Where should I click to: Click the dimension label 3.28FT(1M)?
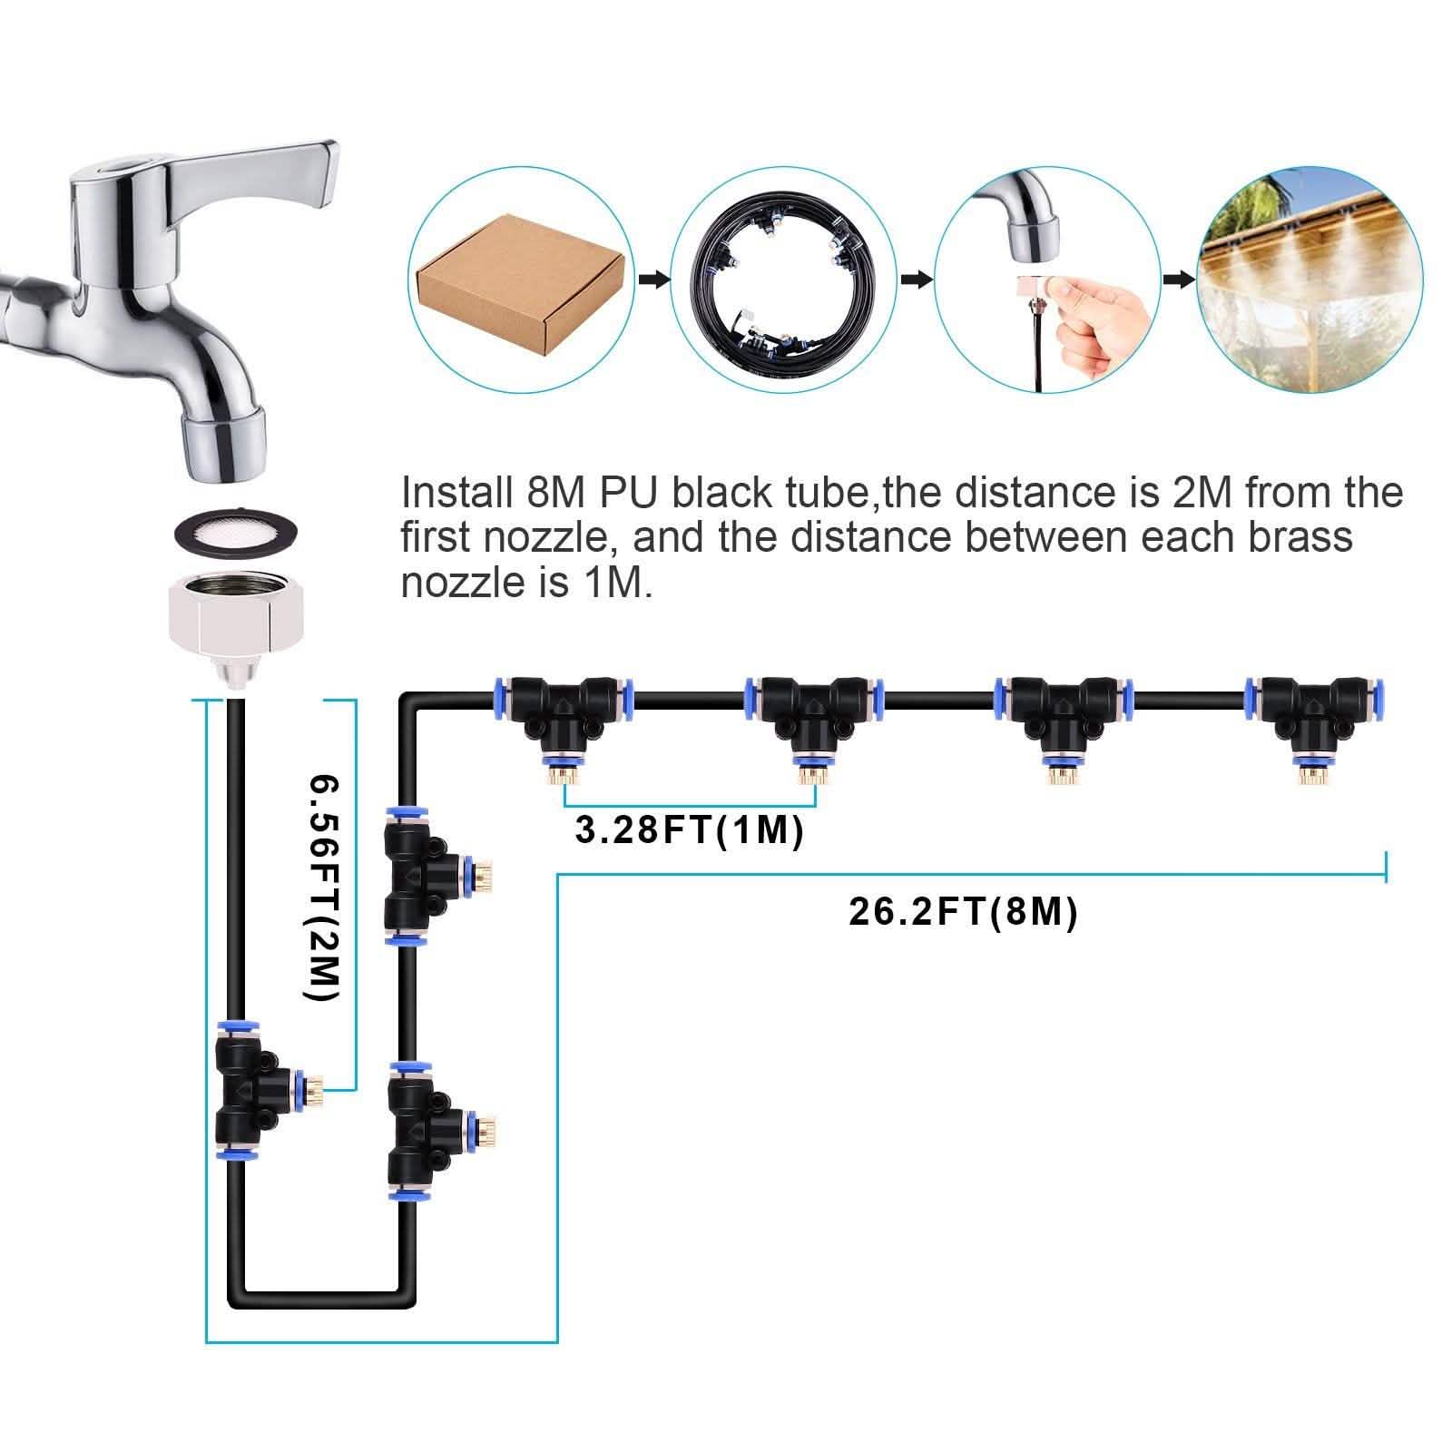[x=690, y=830]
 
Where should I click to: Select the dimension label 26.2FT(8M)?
[x=963, y=911]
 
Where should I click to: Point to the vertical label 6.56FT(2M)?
[x=322, y=888]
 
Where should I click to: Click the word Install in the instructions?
[x=456, y=493]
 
